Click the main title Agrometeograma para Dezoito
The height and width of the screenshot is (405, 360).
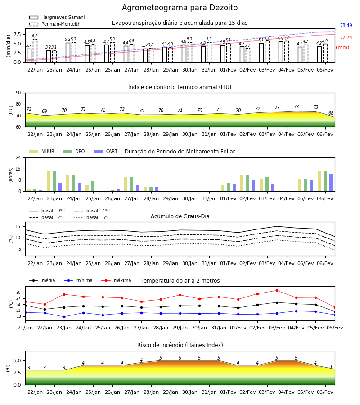pos(180,8)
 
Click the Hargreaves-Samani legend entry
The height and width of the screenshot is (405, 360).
pos(57,17)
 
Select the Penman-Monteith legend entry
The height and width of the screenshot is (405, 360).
pos(55,24)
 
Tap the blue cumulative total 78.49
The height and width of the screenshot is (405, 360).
pos(346,25)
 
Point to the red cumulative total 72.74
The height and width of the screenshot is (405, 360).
pos(346,37)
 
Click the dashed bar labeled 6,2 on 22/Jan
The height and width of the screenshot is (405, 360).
pos(35,50)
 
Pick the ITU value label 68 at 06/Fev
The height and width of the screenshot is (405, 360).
pos(331,113)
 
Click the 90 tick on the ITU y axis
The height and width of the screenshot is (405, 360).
pos(18,93)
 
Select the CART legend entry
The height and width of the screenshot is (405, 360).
pos(106,151)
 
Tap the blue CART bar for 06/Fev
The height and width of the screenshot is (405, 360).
pos(331,183)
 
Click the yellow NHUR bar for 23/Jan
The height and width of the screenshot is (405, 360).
pos(48,181)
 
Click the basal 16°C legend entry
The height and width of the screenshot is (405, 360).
pos(92,217)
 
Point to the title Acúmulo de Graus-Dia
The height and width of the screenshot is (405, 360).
pos(180,216)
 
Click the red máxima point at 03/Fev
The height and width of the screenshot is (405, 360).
pos(277,291)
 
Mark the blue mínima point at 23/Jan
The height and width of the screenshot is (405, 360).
pos(64,317)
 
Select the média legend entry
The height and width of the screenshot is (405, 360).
pos(42,280)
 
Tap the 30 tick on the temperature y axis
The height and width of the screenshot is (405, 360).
pos(18,292)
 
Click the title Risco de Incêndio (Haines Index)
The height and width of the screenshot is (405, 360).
pos(180,345)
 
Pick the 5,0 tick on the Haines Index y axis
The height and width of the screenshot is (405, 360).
pos(17,360)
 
